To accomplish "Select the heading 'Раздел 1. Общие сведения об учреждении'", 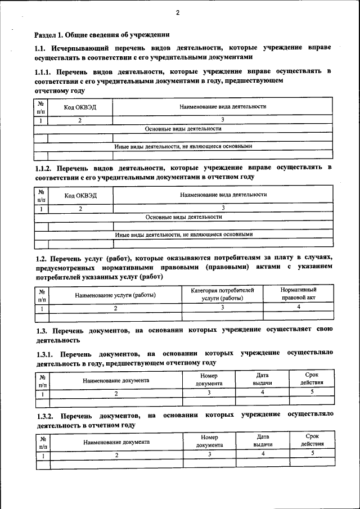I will point(102,34).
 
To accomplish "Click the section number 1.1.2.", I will point(43,168).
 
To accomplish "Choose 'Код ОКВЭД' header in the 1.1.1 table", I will point(80,107).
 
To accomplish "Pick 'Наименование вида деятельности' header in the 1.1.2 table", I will point(223,195).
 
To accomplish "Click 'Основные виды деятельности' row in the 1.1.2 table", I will point(183,217).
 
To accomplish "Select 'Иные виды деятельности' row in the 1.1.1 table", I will point(183,146).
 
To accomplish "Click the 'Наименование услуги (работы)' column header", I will point(115,295).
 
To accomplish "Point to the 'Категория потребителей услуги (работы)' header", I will point(223,294).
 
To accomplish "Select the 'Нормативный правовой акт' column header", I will point(298,293).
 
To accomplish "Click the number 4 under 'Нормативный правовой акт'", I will point(298,307).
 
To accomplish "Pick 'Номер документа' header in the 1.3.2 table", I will point(209,440).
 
